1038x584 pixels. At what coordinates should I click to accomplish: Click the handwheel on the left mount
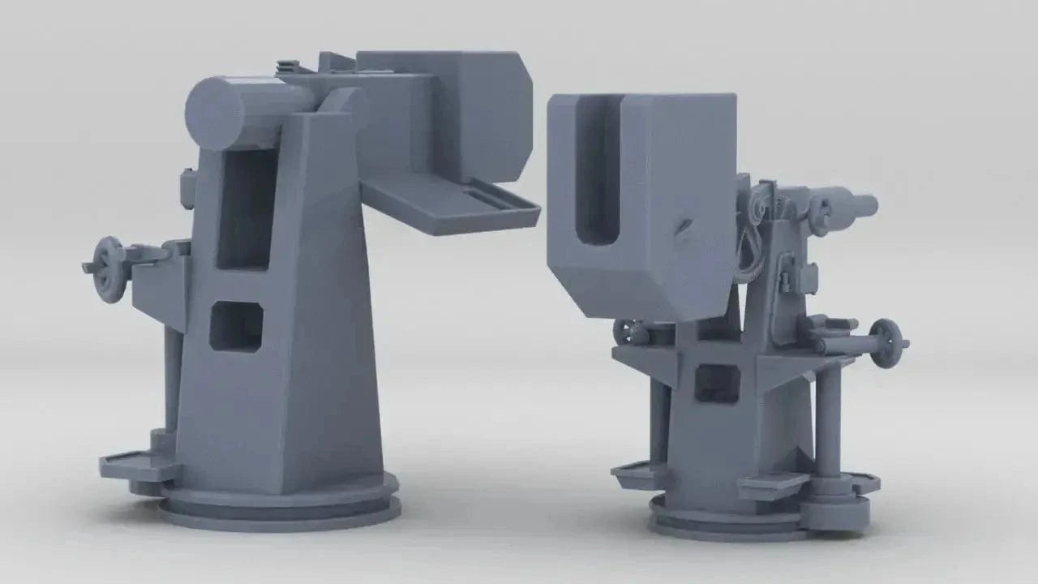click(109, 268)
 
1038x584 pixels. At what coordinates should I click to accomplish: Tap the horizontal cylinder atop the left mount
click(243, 112)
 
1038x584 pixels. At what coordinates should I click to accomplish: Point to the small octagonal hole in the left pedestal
click(236, 326)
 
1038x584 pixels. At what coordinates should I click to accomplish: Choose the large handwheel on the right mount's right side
click(886, 341)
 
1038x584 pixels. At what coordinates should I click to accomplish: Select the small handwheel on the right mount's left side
click(626, 332)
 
